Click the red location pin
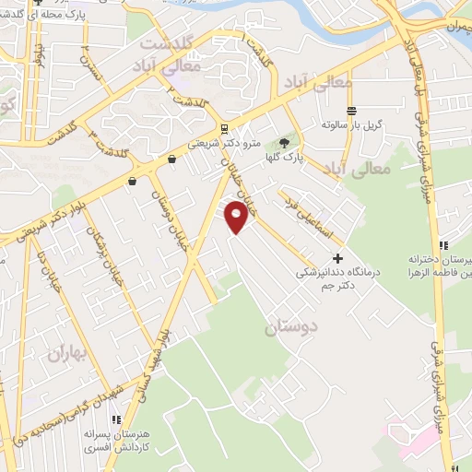tap(237, 217)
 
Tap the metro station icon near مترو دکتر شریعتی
tap(224, 129)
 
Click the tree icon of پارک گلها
tap(283, 144)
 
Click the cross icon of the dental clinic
tap(338, 258)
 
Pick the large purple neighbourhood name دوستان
tap(290, 327)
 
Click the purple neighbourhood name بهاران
tap(65, 352)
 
